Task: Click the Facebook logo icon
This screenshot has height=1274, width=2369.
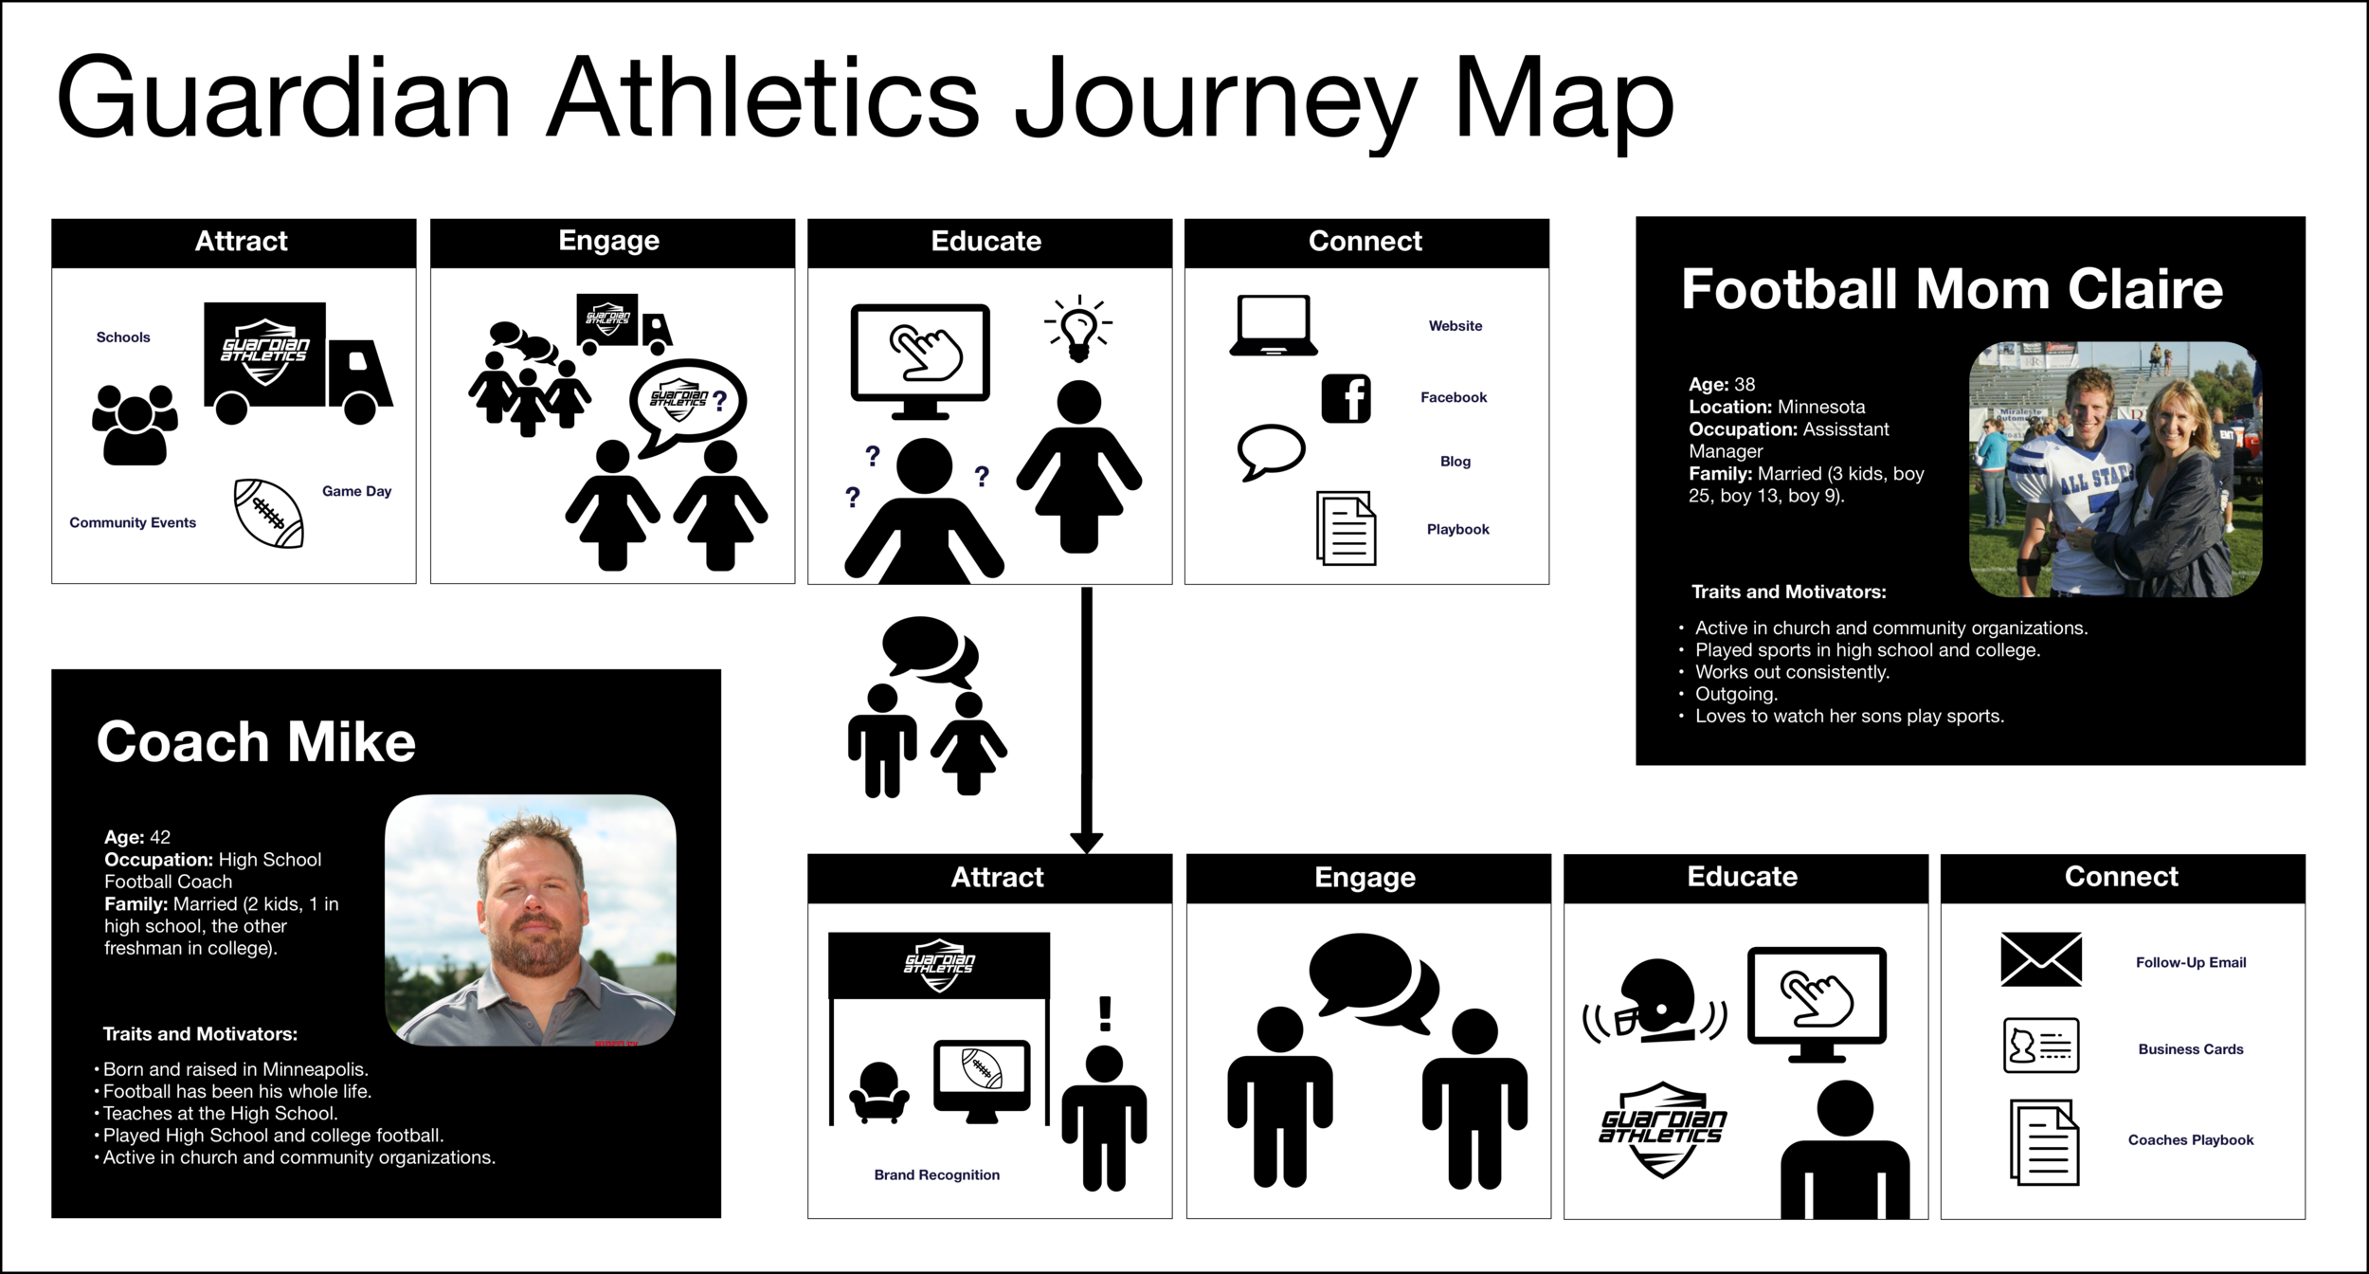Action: point(1346,398)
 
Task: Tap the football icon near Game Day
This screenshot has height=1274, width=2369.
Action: point(269,513)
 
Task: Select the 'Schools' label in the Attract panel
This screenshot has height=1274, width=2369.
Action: point(123,337)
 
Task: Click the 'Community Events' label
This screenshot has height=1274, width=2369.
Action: point(133,522)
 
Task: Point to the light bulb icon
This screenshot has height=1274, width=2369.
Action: point(1078,329)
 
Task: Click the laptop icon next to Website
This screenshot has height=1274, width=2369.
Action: point(1274,325)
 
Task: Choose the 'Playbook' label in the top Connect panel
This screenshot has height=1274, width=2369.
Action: point(1457,529)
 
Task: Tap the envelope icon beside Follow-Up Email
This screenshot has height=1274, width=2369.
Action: point(2041,959)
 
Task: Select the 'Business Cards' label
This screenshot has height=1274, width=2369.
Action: point(2190,1049)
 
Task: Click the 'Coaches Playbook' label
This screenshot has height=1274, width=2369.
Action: point(2190,1139)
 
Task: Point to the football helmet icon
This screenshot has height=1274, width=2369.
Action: point(1655,1001)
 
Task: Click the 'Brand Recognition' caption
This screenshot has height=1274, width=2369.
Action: point(936,1174)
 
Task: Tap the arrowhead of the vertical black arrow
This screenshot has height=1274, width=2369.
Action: point(1086,842)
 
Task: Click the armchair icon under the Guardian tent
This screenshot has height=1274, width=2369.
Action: point(879,1092)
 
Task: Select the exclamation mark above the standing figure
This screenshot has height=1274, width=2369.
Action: point(1105,1013)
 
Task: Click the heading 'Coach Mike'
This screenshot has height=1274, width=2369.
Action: point(256,741)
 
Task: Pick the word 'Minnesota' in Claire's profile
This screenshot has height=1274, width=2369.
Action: point(1821,407)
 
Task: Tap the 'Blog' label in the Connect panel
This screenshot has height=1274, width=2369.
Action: point(1456,462)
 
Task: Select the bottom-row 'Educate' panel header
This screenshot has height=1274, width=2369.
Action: point(1742,877)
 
